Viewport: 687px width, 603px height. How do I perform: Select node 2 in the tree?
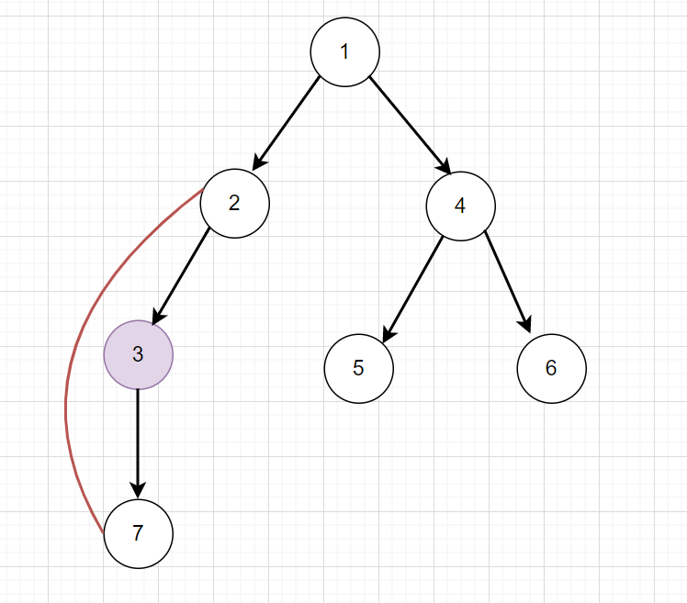click(235, 203)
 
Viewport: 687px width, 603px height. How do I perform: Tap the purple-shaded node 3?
click(138, 354)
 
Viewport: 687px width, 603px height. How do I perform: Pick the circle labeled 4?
click(460, 206)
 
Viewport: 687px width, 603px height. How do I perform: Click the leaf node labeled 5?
click(359, 368)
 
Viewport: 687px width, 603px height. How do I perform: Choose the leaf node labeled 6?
click(551, 368)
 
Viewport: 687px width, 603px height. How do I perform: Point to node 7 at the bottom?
click(138, 532)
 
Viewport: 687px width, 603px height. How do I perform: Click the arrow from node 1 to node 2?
click(287, 123)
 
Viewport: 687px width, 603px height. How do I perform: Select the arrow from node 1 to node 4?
click(409, 124)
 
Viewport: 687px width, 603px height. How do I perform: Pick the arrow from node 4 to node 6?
click(508, 281)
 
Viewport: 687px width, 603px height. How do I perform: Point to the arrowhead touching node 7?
click(138, 488)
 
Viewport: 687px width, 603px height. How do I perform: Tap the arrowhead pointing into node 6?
click(526, 323)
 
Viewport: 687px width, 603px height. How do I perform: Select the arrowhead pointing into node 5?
click(388, 334)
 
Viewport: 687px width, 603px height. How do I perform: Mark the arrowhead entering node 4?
click(444, 165)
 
